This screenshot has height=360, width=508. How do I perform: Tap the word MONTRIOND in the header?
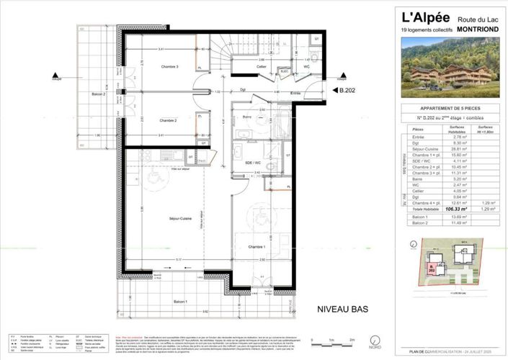pyautogui.click(x=474, y=30)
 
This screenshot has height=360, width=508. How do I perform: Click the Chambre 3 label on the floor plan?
pyautogui.click(x=169, y=66)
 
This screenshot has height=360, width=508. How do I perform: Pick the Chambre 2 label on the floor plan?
pyautogui.click(x=168, y=120)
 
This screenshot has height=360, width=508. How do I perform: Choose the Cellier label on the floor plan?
pyautogui.click(x=262, y=66)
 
